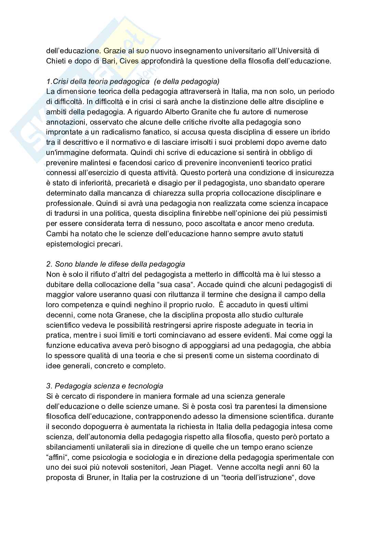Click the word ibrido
click(320, 132)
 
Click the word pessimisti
click(310, 213)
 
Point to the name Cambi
click(55, 234)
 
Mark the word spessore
click(72, 356)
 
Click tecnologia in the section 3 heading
click(146, 386)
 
